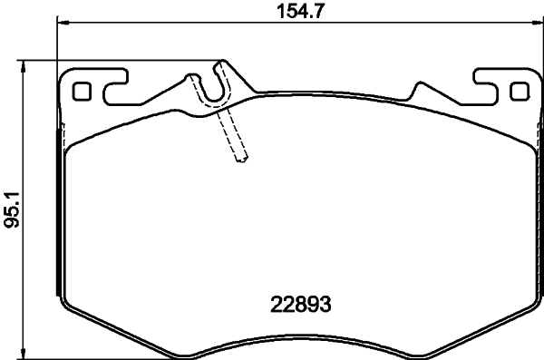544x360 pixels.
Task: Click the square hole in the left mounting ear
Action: [82, 92]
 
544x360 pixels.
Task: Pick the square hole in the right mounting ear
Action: [519, 92]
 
